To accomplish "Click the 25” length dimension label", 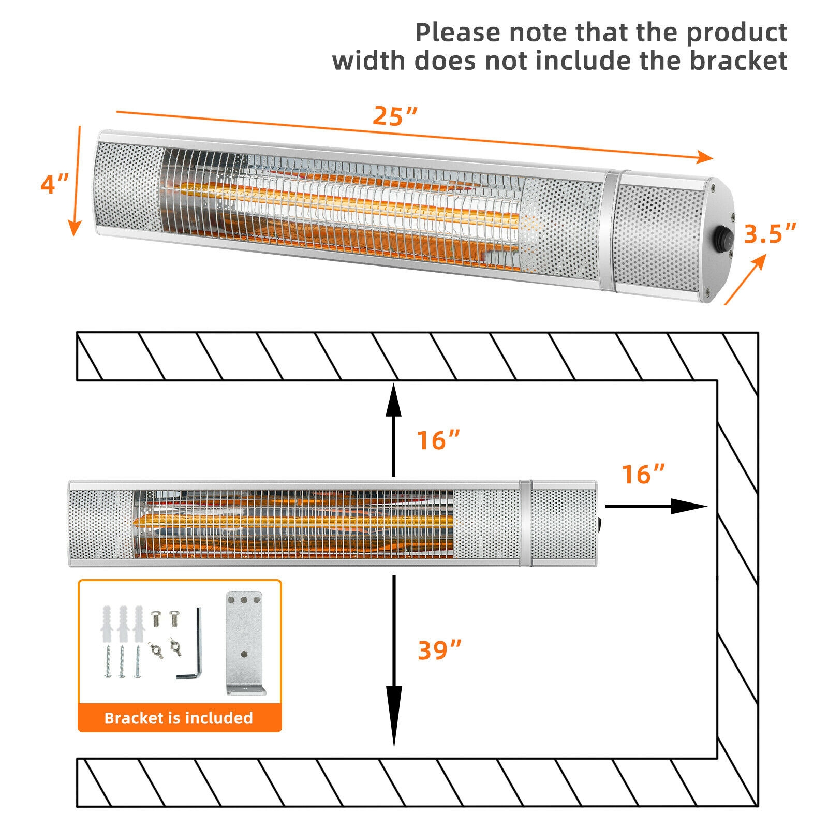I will (x=394, y=116).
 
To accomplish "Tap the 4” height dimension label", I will (x=54, y=184).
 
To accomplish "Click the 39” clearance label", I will (x=439, y=650).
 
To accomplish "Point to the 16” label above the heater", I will (x=438, y=440).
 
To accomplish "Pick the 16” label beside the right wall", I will (x=643, y=474).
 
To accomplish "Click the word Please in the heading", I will (x=458, y=32).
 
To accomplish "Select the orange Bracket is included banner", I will (x=179, y=718).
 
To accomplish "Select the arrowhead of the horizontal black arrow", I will (x=691, y=506).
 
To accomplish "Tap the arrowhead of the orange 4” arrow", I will (x=76, y=227).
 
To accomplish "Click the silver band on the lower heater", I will (x=526, y=523).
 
